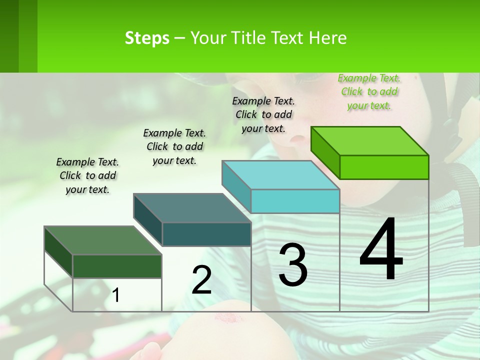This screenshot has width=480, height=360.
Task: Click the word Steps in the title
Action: coord(147,38)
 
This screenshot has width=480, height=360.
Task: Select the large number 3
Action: coord(293,264)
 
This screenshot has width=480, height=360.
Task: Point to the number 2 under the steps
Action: coord(201,279)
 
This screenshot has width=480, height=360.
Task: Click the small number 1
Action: coord(116,295)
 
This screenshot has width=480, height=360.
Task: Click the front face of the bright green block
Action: coord(384,167)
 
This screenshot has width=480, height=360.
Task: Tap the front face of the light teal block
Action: coord(295,201)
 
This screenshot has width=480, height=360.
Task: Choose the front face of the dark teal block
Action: coord(206,234)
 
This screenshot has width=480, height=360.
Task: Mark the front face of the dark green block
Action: coord(117,266)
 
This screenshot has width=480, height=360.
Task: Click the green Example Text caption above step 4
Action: coord(369,92)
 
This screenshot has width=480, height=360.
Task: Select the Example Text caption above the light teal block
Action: coord(263,114)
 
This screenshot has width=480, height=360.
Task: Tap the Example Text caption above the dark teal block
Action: coord(174,146)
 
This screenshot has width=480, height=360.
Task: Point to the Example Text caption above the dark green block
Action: coord(87,175)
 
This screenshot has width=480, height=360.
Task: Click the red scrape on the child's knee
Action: coord(228,318)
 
